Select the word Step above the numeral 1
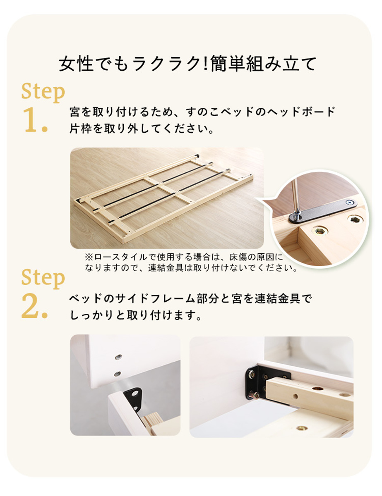(43, 92)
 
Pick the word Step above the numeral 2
(43, 279)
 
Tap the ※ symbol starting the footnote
(89, 257)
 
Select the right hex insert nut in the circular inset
(355, 219)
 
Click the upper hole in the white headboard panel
(119, 357)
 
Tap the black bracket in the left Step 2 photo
(133, 398)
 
